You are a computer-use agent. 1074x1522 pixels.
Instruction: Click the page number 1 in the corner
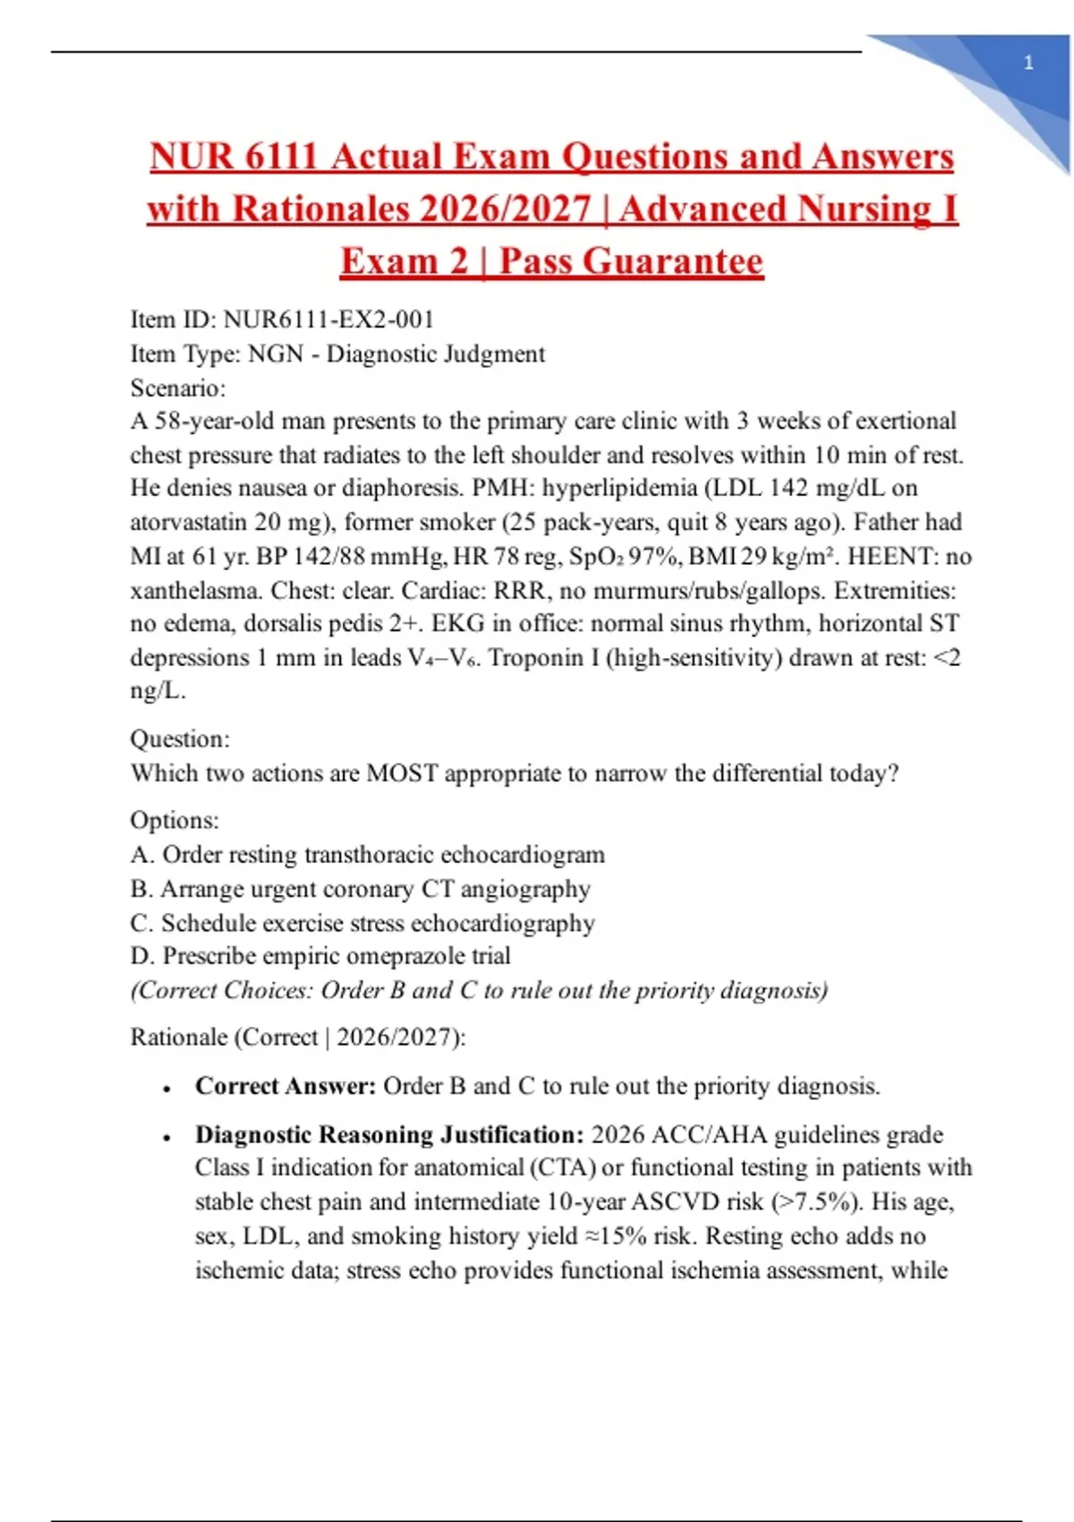1028,64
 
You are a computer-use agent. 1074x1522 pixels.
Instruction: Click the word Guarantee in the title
631,261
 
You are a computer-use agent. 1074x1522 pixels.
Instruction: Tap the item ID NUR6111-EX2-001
328,320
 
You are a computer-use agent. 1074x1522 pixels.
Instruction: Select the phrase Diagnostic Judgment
435,354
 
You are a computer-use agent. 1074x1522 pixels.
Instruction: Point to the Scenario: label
178,388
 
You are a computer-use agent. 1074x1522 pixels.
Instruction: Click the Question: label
180,739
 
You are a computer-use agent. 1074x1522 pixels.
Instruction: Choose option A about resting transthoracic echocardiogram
367,854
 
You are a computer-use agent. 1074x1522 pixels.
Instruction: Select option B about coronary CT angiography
360,888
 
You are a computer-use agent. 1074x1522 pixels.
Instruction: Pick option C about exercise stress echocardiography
362,922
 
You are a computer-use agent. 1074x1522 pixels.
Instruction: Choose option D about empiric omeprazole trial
320,955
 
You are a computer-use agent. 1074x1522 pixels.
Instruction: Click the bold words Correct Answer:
286,1086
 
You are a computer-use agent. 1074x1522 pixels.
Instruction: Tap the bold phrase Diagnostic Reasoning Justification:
389,1134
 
